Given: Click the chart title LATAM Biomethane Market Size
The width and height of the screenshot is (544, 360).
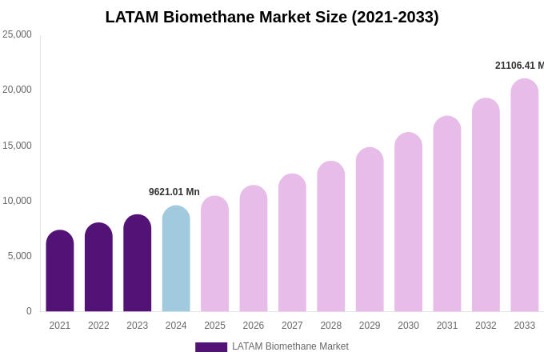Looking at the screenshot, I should pos(272,17).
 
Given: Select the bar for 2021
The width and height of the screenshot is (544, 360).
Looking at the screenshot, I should pos(60,272).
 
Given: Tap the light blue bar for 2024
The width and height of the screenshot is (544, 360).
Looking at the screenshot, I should pos(176,260).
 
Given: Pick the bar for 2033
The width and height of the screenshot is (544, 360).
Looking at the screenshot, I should pos(525,196).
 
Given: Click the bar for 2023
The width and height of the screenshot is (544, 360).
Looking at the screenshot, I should pos(138,264).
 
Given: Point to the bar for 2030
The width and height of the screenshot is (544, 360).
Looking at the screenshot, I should pos(408,223).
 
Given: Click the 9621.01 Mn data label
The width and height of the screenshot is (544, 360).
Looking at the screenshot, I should pos(174,192).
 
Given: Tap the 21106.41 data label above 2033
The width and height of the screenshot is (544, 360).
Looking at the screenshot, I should pos(519,66).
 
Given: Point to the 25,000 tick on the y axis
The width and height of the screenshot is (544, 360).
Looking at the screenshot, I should pos(17,34).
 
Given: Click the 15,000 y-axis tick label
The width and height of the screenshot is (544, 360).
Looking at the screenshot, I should pos(17,146).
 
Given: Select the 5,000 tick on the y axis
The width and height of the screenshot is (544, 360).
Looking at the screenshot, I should pos(19,256).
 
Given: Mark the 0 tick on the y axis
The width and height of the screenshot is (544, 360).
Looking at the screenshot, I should pos(29,311).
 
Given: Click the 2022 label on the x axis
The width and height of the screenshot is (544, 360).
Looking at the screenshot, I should pos(98,326).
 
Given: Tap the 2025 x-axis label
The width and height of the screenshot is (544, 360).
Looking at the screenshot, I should pos(214,326).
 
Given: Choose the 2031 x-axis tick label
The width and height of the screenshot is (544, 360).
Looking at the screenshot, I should pos(447,326).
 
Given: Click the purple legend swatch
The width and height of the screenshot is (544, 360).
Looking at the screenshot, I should pos(211,347).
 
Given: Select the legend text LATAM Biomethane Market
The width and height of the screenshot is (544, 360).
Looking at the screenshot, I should pos(290,346).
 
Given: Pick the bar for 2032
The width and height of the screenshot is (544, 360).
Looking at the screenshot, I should pos(486,206).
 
